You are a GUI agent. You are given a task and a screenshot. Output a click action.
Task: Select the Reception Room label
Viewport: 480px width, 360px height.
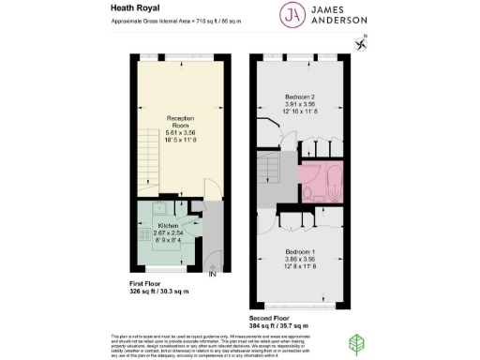(x=179, y=122)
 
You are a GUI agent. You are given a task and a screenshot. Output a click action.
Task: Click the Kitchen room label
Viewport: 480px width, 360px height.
(x=170, y=228)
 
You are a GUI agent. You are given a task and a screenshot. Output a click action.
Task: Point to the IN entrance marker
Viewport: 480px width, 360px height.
(x=213, y=274)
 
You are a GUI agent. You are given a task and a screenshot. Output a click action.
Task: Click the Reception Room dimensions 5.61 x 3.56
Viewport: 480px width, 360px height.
(x=179, y=133)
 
